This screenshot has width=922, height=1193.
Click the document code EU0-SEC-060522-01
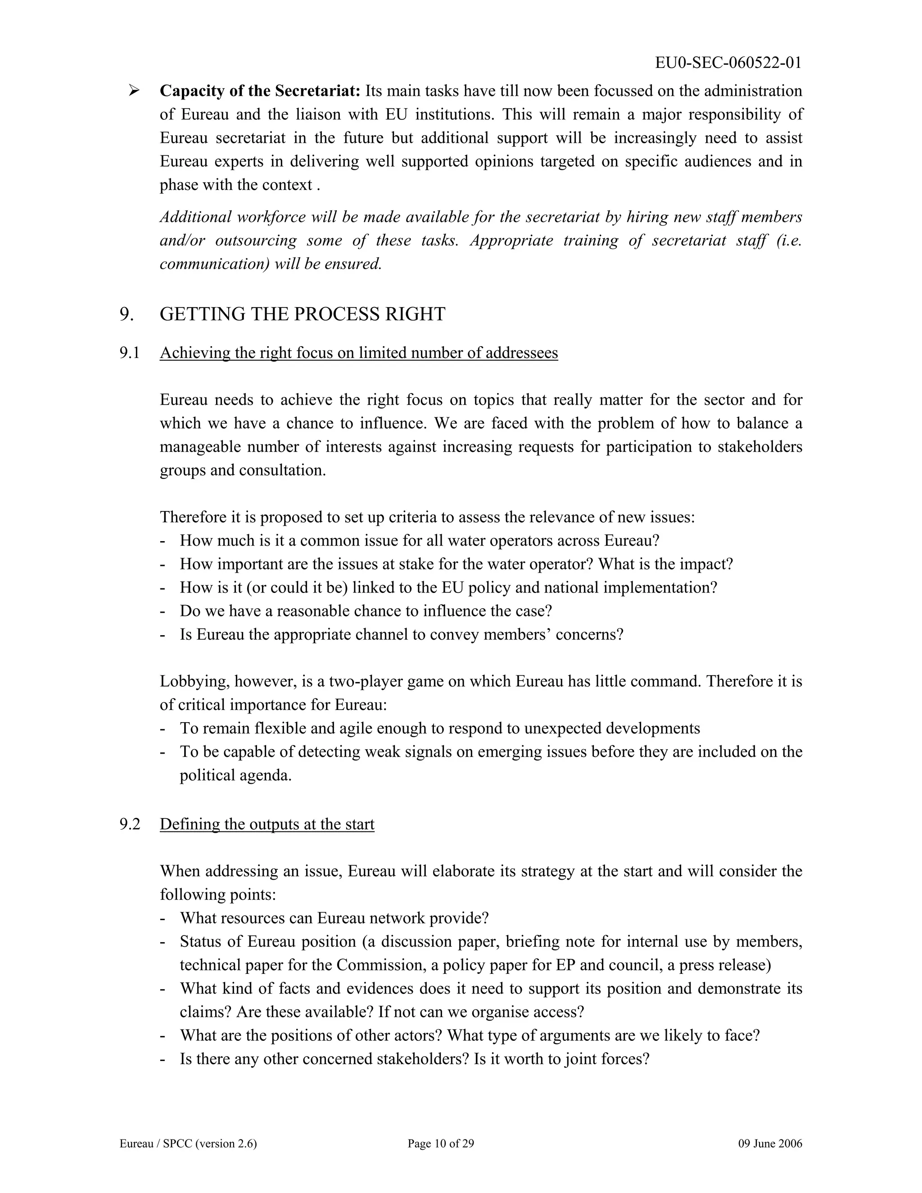pyautogui.click(x=728, y=63)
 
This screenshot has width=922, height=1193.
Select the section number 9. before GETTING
pyautogui.click(x=126, y=314)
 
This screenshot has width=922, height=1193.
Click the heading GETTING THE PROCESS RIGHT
pyautogui.click(x=303, y=314)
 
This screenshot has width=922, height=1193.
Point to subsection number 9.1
pyautogui.click(x=130, y=353)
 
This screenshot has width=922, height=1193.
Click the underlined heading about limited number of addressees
pyautogui.click(x=359, y=353)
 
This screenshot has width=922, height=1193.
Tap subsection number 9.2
pyautogui.click(x=130, y=824)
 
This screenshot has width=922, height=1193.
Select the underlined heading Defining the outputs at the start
pyautogui.click(x=267, y=824)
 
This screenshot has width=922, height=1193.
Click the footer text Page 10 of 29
pyautogui.click(x=441, y=1144)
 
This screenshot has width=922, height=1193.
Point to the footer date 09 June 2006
pyautogui.click(x=770, y=1144)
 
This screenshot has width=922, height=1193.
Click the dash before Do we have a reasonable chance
pyautogui.click(x=163, y=611)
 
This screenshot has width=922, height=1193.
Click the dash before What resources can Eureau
pyautogui.click(x=163, y=918)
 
